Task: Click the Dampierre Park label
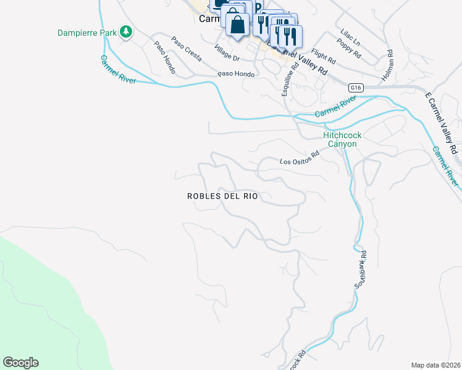click(87, 32)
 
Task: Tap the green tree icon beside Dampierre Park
click(126, 31)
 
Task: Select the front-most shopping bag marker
click(237, 26)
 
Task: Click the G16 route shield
click(355, 88)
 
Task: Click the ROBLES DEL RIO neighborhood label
click(222, 196)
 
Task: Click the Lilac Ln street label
click(350, 36)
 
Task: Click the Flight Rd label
click(323, 57)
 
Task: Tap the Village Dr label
click(227, 54)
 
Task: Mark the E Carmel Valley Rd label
click(441, 123)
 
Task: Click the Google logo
click(20, 363)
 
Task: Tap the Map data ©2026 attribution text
click(435, 365)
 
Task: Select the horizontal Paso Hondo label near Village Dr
click(236, 74)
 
